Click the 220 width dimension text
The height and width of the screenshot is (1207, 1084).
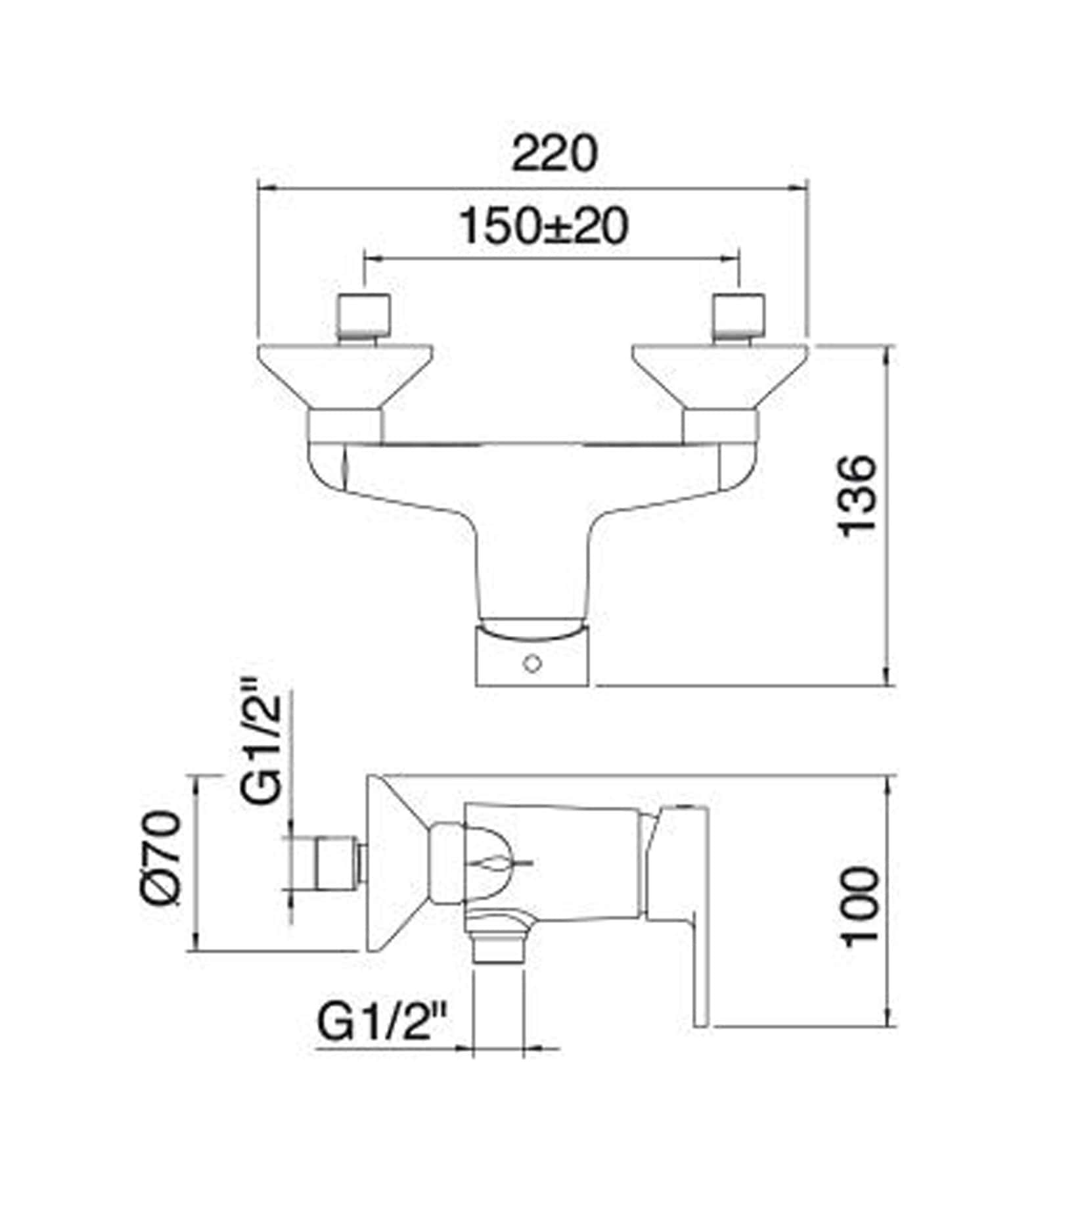pos(555,154)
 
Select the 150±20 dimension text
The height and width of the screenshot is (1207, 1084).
pos(543,227)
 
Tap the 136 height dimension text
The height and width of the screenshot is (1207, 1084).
pos(858,493)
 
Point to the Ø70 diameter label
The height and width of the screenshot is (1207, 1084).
pos(161,859)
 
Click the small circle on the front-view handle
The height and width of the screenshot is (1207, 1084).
pos(532,664)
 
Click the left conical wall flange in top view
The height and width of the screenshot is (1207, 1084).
pos(345,375)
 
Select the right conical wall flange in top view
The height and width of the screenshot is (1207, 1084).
pos(719,375)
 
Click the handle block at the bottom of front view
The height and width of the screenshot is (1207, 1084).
pos(532,657)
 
